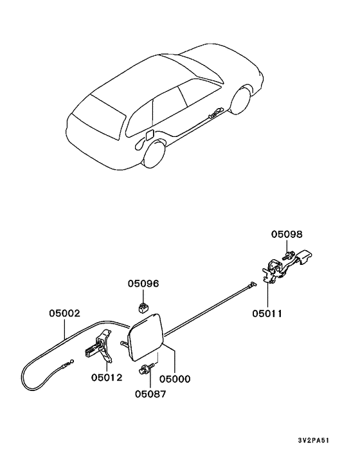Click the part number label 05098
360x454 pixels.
pyautogui.click(x=287, y=234)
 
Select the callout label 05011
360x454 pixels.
pyautogui.click(x=267, y=313)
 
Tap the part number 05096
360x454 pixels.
pyautogui.click(x=143, y=284)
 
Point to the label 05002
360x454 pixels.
pyautogui.click(x=64, y=313)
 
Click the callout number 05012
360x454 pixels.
pyautogui.click(x=107, y=377)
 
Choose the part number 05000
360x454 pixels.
pyautogui.click(x=175, y=379)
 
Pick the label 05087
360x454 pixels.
pyautogui.click(x=151, y=394)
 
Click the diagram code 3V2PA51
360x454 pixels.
pyautogui.click(x=314, y=440)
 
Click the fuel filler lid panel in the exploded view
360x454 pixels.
pyautogui.click(x=146, y=338)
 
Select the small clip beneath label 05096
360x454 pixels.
pyautogui.click(x=142, y=307)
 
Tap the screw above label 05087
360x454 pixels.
pyautogui.click(x=147, y=369)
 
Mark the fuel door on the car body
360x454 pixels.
pyautogui.click(x=150, y=135)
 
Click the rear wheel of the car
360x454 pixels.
pyautogui.click(x=154, y=153)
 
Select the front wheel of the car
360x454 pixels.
pyautogui.click(x=240, y=100)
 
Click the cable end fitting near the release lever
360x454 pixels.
pyautogui.click(x=251, y=285)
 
